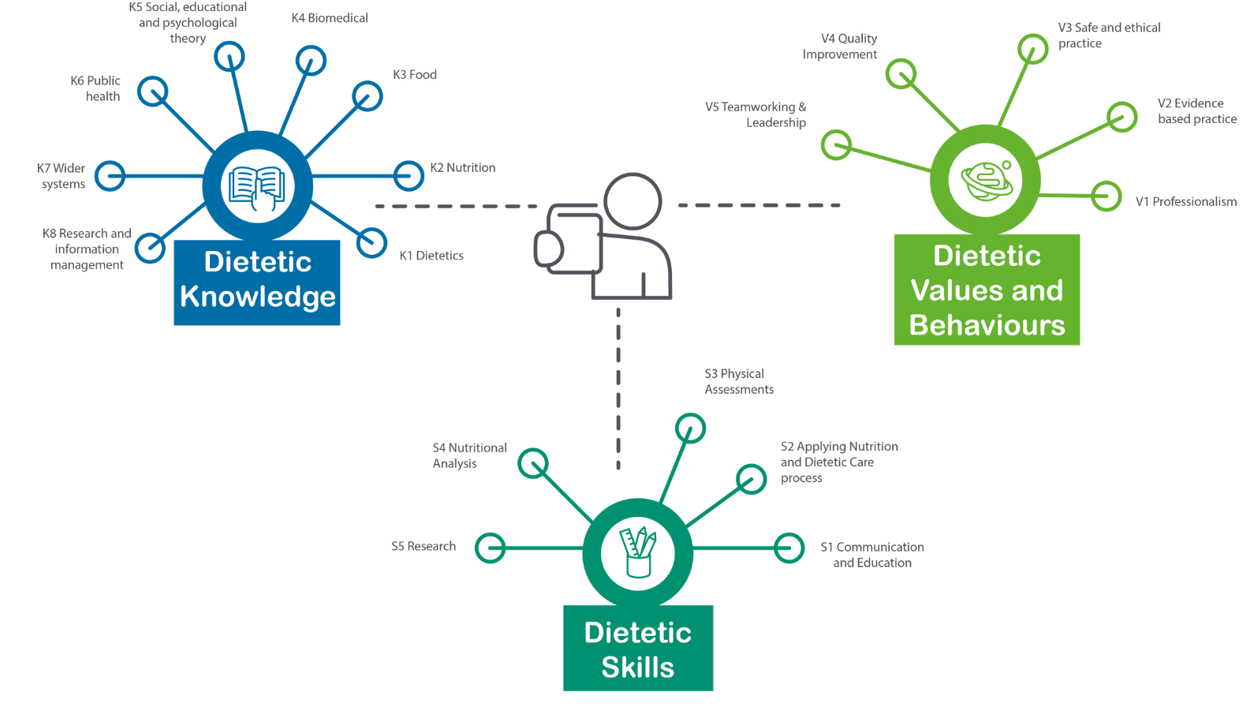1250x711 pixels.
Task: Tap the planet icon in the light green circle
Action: [x=986, y=181]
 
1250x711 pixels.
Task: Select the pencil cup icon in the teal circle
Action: [x=637, y=552]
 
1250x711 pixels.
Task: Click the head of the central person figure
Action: [x=632, y=201]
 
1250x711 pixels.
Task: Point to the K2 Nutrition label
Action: [x=463, y=167]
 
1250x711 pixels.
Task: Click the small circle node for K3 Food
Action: [x=367, y=96]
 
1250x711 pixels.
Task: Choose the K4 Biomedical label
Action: [x=330, y=18]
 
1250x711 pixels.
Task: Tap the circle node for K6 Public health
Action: [x=153, y=92]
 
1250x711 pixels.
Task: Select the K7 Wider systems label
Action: [x=62, y=176]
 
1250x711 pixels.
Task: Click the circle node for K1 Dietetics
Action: [x=371, y=243]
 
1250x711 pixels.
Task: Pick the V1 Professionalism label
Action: [x=1186, y=202]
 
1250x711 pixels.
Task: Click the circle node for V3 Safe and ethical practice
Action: [x=1032, y=50]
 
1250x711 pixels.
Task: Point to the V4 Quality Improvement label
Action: [x=840, y=47]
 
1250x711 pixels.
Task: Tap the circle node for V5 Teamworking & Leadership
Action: [x=836, y=145]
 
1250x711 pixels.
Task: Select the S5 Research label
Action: [x=424, y=546]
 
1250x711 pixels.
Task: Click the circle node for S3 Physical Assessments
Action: [x=690, y=428]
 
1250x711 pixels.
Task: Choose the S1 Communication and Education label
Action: [x=872, y=555]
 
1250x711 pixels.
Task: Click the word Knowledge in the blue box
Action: [x=258, y=297]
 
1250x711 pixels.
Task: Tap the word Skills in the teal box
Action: [x=638, y=668]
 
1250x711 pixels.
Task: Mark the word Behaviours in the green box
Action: [x=987, y=325]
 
